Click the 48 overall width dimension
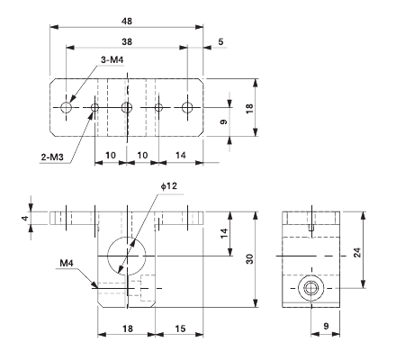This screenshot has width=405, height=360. [x=127, y=20]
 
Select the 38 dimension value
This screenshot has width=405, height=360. [x=127, y=41]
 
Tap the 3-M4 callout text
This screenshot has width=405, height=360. [x=112, y=59]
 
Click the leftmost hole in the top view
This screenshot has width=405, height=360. [x=67, y=108]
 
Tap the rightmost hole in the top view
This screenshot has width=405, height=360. [x=187, y=108]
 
